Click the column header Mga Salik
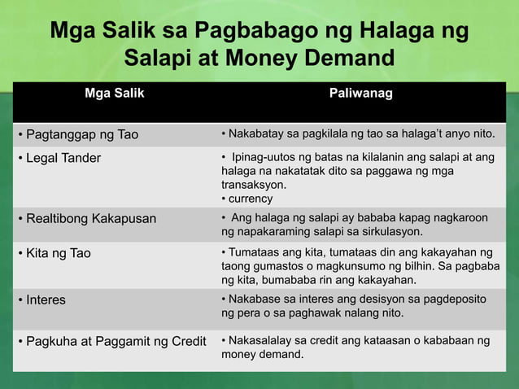point(115,94)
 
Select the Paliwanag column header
point(360,94)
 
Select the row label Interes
point(46,299)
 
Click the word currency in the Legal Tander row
point(251,199)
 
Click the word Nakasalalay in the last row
point(259,340)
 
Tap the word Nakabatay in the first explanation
point(256,133)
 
